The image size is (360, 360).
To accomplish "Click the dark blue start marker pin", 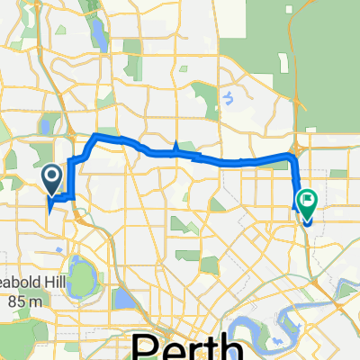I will coord(52,177).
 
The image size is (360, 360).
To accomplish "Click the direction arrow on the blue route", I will coord(177,148).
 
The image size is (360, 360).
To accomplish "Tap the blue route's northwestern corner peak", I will coord(95,135).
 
